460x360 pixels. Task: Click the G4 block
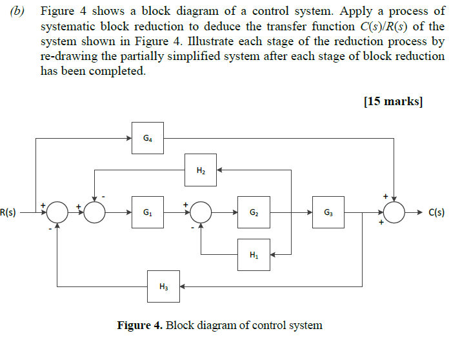[148, 137]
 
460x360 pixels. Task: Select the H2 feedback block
[201, 170]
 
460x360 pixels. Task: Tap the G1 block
[148, 212]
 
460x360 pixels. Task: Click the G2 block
[254, 212]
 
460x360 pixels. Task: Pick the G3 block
[328, 212]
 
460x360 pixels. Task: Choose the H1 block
[254, 254]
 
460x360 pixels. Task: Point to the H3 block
[164, 286]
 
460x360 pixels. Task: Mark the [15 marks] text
[394, 102]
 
